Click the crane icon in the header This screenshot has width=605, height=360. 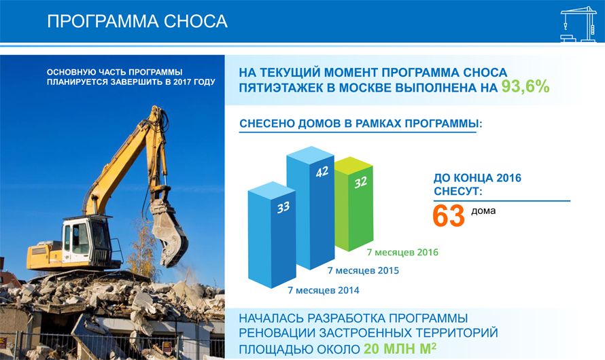[578, 24]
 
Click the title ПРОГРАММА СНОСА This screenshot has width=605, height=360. [137, 21]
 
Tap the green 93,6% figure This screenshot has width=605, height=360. [525, 87]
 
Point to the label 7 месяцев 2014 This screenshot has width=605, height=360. [324, 290]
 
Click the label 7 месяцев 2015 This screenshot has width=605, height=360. [363, 270]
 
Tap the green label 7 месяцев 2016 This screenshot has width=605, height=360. [402, 253]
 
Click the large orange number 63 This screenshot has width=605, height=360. [449, 216]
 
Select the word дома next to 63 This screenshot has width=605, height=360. [483, 211]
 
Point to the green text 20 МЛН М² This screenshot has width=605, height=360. [400, 349]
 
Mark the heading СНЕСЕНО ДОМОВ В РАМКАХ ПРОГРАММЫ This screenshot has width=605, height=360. [361, 124]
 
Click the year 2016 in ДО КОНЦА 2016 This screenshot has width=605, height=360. [508, 178]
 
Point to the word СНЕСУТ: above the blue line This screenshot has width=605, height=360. [458, 192]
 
